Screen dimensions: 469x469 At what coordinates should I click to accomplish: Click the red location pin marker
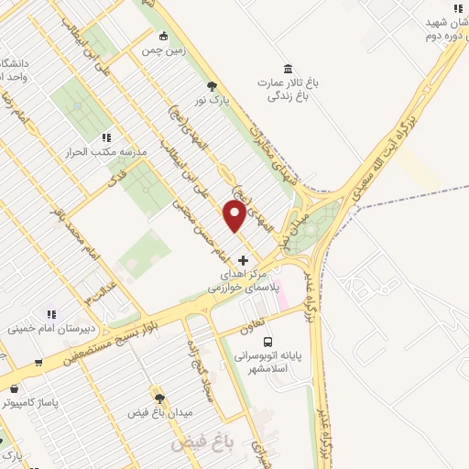234,217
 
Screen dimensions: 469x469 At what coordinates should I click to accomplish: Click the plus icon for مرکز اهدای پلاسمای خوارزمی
243,261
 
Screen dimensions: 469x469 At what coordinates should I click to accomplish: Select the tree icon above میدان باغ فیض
160,398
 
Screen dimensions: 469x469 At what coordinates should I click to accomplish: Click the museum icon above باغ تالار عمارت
289,70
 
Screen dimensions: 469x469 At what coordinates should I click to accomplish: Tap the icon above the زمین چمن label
163,38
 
